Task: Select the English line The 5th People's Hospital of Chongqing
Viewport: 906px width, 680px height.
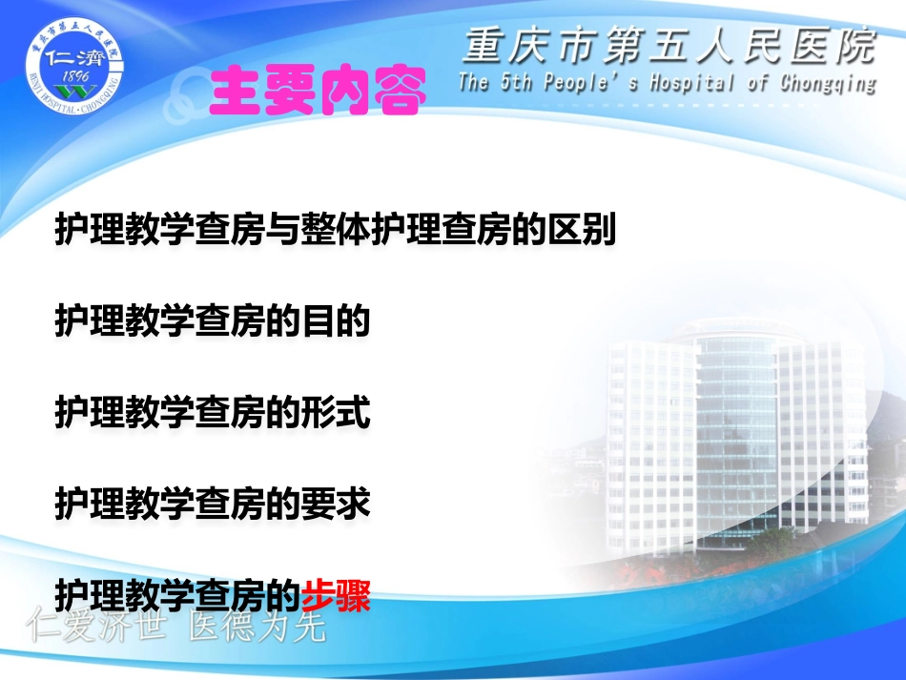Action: (x=667, y=82)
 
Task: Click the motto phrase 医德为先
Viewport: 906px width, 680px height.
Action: (x=257, y=628)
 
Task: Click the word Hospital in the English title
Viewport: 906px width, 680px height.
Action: (x=692, y=82)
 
